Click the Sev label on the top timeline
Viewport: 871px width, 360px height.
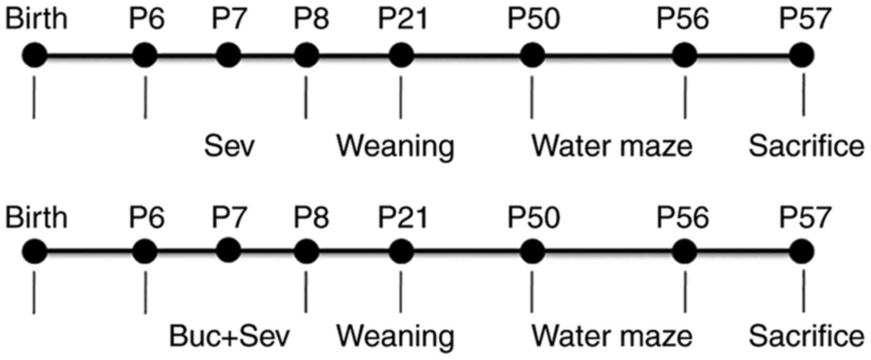click(229, 146)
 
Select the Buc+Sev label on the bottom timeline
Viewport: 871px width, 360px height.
click(229, 336)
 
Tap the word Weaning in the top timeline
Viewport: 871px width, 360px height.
click(395, 146)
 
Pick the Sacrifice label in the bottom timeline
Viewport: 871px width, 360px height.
click(806, 336)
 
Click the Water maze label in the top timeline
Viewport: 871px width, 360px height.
click(612, 146)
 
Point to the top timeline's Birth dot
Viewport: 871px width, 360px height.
click(34, 55)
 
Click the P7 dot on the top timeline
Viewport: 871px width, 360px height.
click(229, 55)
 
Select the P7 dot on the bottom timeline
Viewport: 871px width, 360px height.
click(229, 250)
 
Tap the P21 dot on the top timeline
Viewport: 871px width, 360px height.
click(401, 55)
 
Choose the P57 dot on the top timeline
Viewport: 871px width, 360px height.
click(801, 55)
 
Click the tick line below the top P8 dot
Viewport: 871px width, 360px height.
click(306, 97)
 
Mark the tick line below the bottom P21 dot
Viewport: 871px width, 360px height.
click(401, 292)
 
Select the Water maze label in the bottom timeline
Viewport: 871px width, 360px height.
click(612, 336)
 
